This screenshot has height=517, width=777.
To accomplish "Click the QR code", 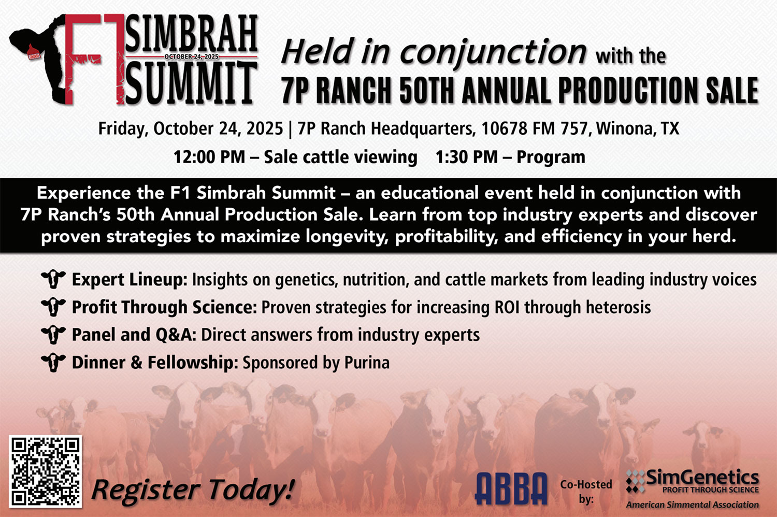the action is [x=46, y=471].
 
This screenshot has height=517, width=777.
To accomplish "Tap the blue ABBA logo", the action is [x=511, y=488].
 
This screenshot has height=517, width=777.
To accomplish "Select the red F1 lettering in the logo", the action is [x=94, y=59].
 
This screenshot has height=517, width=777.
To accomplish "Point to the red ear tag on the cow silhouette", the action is [x=34, y=53].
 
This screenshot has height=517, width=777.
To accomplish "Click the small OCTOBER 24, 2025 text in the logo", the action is [x=192, y=56].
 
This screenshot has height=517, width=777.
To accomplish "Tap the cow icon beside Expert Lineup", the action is [x=53, y=279].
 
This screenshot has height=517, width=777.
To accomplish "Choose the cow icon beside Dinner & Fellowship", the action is [x=53, y=363].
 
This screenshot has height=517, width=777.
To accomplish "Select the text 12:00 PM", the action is [x=209, y=157].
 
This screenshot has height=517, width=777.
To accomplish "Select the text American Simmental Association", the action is [x=693, y=505].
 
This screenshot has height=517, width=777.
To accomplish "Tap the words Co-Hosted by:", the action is [x=586, y=491].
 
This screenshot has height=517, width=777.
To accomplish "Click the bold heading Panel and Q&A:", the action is [x=134, y=335].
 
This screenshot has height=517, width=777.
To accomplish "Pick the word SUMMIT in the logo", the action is [x=192, y=83].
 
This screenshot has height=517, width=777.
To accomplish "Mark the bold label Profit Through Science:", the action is [x=164, y=307].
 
